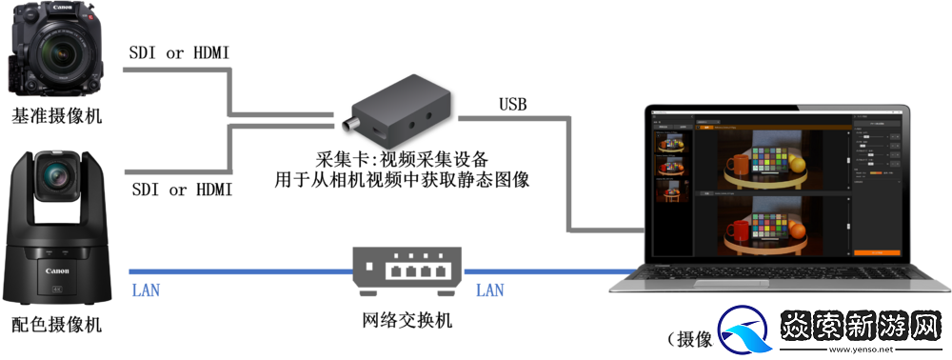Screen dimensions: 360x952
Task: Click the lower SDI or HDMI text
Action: pyautogui.click(x=181, y=190)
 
